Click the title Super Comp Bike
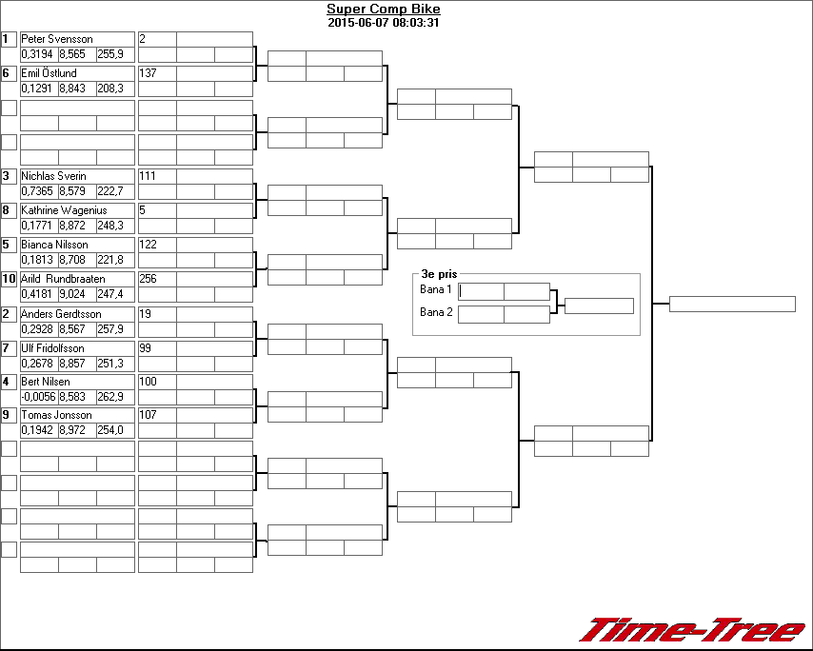click(x=383, y=10)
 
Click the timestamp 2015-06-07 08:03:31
click(x=383, y=23)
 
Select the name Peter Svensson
click(x=57, y=39)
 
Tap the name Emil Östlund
click(x=49, y=73)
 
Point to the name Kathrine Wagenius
click(x=64, y=210)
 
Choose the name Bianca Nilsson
click(x=54, y=245)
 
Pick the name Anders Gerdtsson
click(x=61, y=314)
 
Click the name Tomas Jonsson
click(x=56, y=415)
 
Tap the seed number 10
click(x=9, y=279)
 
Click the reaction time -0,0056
click(x=38, y=397)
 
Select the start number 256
click(x=148, y=279)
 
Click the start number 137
click(x=148, y=73)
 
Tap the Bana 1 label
click(x=435, y=289)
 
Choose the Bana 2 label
click(x=435, y=312)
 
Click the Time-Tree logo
click(x=692, y=630)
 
